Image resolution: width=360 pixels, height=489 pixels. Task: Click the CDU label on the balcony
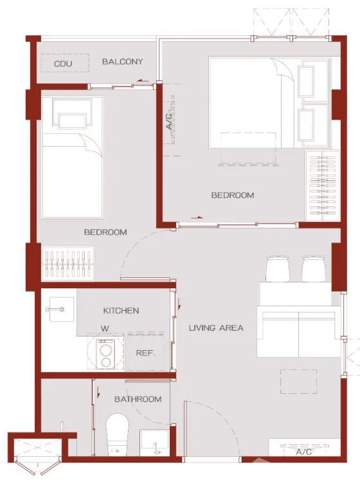[63, 64]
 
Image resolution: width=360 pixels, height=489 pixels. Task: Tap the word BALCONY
[123, 61]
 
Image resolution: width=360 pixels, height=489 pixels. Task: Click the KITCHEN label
[121, 311]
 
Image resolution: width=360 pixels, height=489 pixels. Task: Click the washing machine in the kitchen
[105, 354]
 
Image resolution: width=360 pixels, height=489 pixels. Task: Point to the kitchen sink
[62, 309]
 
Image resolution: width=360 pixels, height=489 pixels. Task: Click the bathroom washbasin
[154, 443]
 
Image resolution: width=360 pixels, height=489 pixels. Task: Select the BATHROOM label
[138, 399]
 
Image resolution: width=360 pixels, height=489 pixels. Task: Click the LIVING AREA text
[216, 328]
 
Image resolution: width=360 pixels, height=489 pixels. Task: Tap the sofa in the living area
[298, 331]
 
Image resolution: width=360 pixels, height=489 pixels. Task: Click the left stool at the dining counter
[278, 269]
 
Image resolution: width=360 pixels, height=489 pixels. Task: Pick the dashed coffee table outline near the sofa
[298, 382]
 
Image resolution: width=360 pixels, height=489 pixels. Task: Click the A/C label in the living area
[303, 452]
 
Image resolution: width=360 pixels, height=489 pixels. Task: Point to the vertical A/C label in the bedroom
[168, 122]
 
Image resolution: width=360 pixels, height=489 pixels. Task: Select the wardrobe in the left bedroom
[67, 264]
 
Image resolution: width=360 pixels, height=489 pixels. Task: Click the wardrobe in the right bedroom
[323, 185]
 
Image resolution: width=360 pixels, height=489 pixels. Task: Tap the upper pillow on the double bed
[306, 82]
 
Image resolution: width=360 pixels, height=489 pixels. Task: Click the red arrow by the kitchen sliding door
[179, 304]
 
